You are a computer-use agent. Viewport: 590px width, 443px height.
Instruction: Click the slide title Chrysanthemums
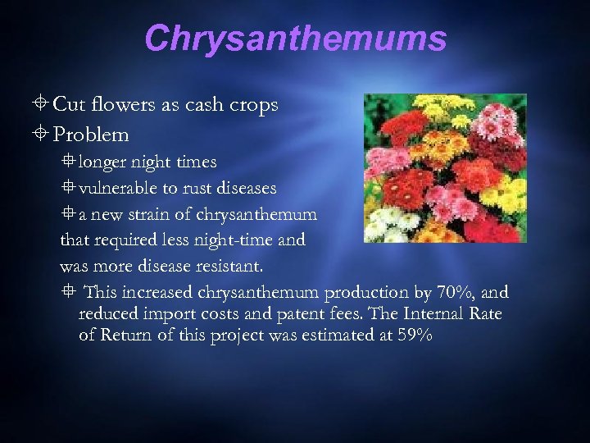pyautogui.click(x=295, y=39)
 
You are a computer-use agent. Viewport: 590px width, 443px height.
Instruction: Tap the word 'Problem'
pyautogui.click(x=91, y=134)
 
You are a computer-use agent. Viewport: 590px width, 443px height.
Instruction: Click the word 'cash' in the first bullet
pyautogui.click(x=191, y=106)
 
